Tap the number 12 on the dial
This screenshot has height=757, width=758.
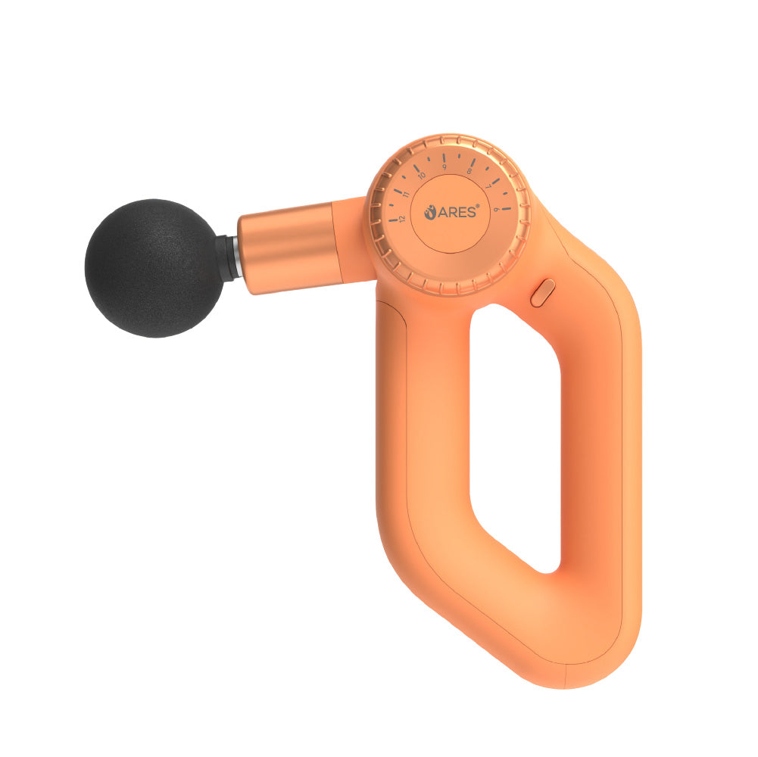pyautogui.click(x=402, y=218)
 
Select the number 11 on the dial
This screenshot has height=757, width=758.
pyautogui.click(x=407, y=195)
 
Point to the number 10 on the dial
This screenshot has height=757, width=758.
pyautogui.click(x=421, y=176)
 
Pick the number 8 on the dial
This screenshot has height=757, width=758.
pyautogui.click(x=469, y=171)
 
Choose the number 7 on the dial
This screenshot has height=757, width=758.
pyautogui.click(x=488, y=185)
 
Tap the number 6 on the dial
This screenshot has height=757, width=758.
pyautogui.click(x=497, y=209)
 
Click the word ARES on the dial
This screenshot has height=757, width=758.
pyautogui.click(x=458, y=213)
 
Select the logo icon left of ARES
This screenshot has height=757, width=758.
pyautogui.click(x=431, y=213)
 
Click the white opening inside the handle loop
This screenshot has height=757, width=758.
pyautogui.click(x=515, y=439)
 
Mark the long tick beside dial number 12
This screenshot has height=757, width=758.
pyautogui.click(x=393, y=220)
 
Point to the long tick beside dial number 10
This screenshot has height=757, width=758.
pyautogui.click(x=415, y=168)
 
